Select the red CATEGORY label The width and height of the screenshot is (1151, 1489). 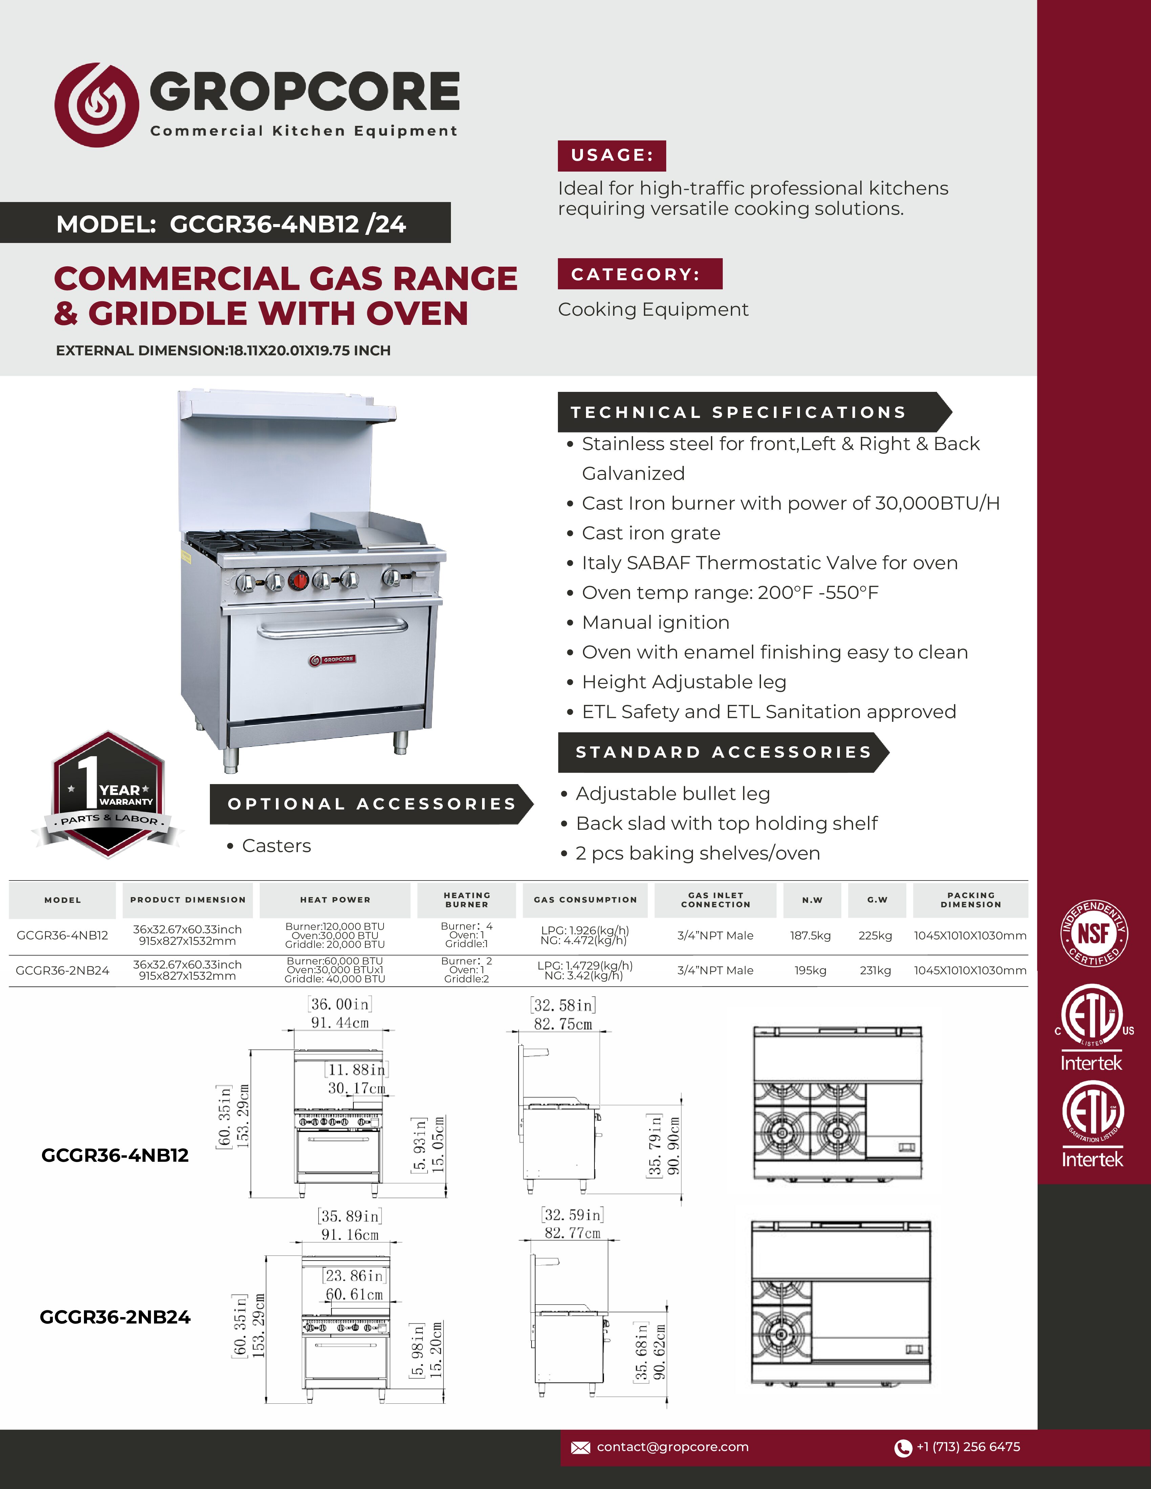click(x=639, y=274)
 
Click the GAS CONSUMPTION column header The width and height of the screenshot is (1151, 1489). click(x=585, y=900)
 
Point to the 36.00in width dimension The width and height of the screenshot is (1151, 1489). click(x=340, y=1004)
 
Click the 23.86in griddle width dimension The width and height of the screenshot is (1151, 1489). click(x=354, y=1275)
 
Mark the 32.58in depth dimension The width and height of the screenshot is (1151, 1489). click(x=563, y=1006)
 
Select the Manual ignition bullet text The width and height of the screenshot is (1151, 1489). click(x=655, y=622)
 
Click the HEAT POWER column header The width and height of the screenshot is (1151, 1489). click(x=335, y=900)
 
